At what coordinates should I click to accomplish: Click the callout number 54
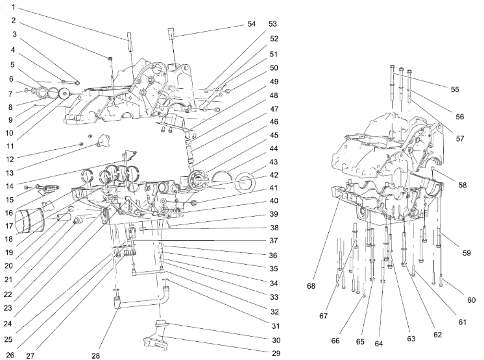click(252, 23)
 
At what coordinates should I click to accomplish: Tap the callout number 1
click(13, 8)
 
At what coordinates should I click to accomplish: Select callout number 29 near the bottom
click(276, 354)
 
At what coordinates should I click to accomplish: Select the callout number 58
click(462, 185)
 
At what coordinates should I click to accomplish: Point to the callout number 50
click(273, 67)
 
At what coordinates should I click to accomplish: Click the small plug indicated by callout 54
click(171, 32)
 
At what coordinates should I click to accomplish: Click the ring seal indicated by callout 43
click(247, 184)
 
